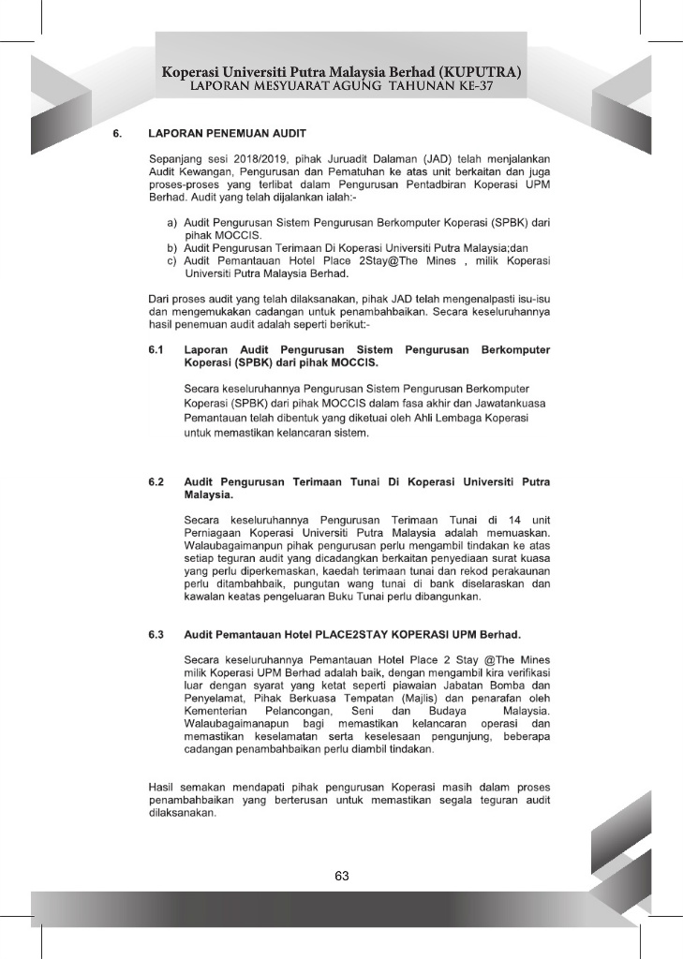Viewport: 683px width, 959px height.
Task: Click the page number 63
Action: click(x=341, y=876)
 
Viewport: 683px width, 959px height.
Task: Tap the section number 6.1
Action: click(x=156, y=350)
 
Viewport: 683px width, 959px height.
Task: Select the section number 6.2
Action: click(x=156, y=481)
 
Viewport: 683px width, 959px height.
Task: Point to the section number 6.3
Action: click(x=156, y=635)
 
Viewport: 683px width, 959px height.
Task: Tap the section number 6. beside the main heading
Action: click(x=117, y=133)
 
